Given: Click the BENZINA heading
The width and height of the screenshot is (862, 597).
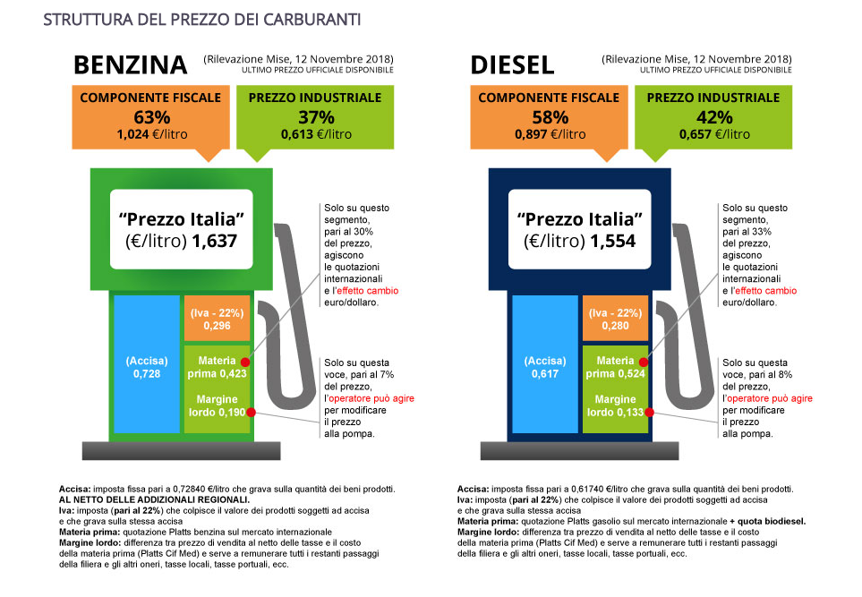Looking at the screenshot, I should pyautogui.click(x=130, y=65).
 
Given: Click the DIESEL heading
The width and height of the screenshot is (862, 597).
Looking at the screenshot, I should pyautogui.click(x=512, y=65).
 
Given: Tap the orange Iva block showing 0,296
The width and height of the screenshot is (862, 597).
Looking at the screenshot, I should pyautogui.click(x=217, y=319).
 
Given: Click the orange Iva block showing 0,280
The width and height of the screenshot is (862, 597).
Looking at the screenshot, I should pyautogui.click(x=615, y=319).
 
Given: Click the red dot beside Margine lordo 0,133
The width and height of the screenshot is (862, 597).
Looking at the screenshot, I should pyautogui.click(x=650, y=413).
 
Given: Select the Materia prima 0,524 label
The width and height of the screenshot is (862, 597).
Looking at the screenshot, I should pyautogui.click(x=615, y=367).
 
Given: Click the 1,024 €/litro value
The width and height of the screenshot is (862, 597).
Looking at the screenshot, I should pyautogui.click(x=149, y=134).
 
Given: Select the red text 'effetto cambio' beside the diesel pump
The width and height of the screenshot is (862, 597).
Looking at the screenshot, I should pyautogui.click(x=764, y=291).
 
